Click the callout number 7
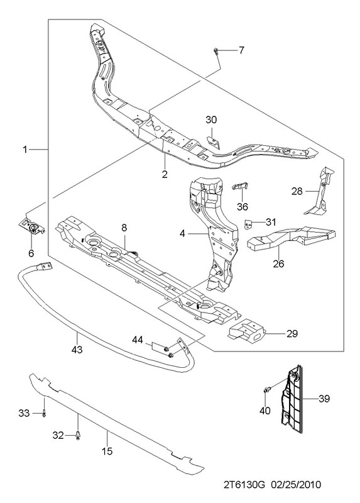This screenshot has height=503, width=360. pyautogui.click(x=241, y=50)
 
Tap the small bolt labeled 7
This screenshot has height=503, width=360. pyautogui.click(x=215, y=51)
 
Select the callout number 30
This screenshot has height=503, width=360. pyautogui.click(x=211, y=120)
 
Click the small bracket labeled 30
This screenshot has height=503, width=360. pyautogui.click(x=213, y=142)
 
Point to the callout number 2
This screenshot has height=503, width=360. pyautogui.click(x=165, y=174)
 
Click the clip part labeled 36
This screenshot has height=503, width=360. pyautogui.click(x=240, y=185)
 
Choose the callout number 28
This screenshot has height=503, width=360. pyautogui.click(x=297, y=191)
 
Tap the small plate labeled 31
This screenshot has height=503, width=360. pyautogui.click(x=248, y=224)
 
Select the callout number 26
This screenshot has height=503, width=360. pyautogui.click(x=278, y=263)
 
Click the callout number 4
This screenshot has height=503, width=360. pyautogui.click(x=182, y=233)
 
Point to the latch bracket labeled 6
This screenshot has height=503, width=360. pyautogui.click(x=32, y=226)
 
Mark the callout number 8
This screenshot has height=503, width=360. pyautogui.click(x=124, y=228)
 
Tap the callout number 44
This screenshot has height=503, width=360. pyautogui.click(x=138, y=340)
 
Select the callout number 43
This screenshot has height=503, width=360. pyautogui.click(x=77, y=349)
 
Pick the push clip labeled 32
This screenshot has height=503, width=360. pyautogui.click(x=78, y=436)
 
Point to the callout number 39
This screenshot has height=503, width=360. pyautogui.click(x=324, y=399)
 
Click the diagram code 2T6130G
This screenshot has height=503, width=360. pyautogui.click(x=245, y=484)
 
